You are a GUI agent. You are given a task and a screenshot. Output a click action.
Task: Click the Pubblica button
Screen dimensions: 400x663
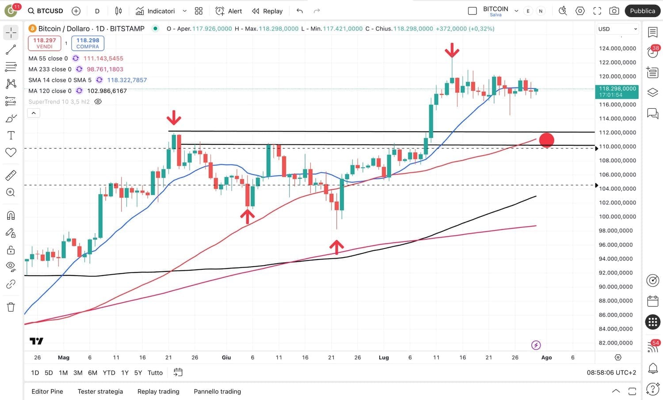(642, 11)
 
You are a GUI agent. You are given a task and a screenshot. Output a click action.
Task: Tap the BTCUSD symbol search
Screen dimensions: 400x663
(46, 11)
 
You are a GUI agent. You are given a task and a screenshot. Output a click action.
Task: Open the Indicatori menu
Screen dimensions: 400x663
(156, 11)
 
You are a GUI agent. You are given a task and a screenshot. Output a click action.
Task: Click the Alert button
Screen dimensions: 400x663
(229, 11)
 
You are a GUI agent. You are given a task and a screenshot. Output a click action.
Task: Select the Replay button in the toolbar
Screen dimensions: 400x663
(267, 11)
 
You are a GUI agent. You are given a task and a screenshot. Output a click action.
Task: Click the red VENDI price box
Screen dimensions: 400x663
(45, 43)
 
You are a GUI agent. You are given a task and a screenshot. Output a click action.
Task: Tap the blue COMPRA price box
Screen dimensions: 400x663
(88, 43)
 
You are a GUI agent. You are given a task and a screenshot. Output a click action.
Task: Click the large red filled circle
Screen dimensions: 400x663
(547, 140)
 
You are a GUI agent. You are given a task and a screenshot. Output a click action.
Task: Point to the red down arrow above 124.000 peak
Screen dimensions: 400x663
(452, 50)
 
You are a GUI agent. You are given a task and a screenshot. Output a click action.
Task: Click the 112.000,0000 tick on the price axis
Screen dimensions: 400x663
(617, 132)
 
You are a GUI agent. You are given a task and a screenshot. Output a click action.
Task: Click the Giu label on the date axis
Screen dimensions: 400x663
(226, 358)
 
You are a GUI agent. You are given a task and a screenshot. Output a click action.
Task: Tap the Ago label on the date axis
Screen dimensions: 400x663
(547, 358)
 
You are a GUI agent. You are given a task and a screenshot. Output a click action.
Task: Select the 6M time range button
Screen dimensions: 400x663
(92, 373)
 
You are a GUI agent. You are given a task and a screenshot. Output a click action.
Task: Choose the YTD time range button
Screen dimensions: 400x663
(109, 373)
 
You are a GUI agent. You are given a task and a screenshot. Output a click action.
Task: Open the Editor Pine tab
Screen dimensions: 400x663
(47, 392)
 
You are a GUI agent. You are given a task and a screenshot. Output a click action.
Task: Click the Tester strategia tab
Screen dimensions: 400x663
(100, 392)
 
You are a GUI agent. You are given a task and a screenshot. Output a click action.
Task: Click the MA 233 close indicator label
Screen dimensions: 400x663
(50, 69)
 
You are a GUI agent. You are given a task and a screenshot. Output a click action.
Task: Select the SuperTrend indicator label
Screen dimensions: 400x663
(59, 102)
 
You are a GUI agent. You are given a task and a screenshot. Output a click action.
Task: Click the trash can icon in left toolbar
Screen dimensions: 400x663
(11, 307)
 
